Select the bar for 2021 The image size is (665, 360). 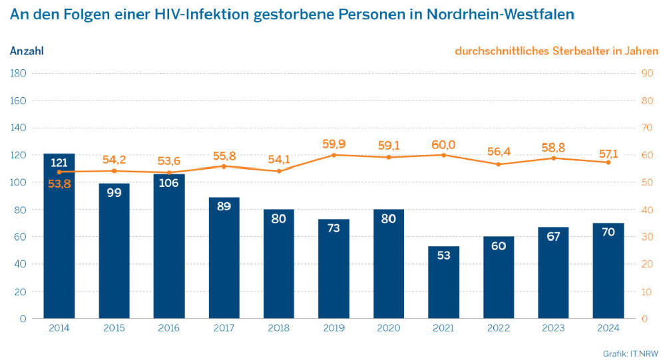pos(443,282)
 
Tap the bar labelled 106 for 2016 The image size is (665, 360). pos(169,246)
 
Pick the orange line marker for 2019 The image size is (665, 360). pos(333,155)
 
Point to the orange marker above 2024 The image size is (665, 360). pos(608,162)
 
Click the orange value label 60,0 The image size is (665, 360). pos(443,143)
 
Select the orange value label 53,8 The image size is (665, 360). pos(59,184)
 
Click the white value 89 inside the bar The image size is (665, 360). pos(224,206)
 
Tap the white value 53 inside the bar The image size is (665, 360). pos(443,255)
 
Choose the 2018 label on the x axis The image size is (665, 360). pos(279,328)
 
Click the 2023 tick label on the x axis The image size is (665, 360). pos(553,328)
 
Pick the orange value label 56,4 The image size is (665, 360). pos(499,151)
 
